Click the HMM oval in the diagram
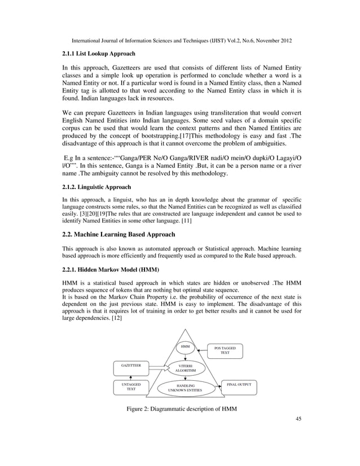pyautogui.click(x=185, y=345)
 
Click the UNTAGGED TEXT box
pyautogui.click(x=131, y=386)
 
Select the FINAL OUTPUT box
pyautogui.click(x=240, y=385)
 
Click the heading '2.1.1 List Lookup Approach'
pyautogui.click(x=99, y=54)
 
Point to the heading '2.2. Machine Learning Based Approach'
pyautogui.click(x=118, y=250)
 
